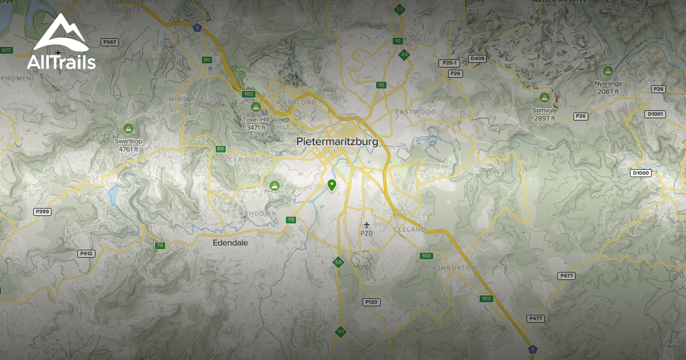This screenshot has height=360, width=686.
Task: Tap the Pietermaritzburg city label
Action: (337, 141)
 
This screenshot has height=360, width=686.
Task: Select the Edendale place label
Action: (230, 242)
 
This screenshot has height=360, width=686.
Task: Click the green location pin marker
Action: (332, 185)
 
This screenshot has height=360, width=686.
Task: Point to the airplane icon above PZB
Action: (366, 225)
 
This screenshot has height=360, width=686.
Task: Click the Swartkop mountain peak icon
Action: (128, 129)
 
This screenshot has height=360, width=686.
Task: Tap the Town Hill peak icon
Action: (256, 107)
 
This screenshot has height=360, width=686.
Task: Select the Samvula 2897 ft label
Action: (544, 114)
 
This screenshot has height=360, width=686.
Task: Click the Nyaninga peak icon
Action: (608, 71)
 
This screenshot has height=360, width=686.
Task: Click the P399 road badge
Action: (43, 211)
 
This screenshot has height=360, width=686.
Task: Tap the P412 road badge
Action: (86, 253)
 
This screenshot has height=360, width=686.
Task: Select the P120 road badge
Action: (371, 302)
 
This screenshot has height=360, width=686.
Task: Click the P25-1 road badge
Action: (450, 63)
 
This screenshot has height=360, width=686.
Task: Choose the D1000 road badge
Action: (641, 173)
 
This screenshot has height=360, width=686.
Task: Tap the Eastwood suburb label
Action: (415, 112)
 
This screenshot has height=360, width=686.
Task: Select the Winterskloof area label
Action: (190, 99)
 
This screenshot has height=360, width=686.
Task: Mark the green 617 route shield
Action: (7, 50)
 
